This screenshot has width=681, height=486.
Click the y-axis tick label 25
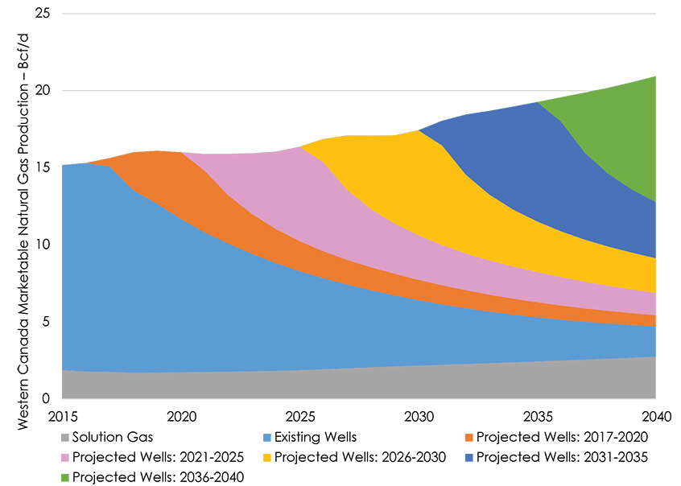tap(43, 14)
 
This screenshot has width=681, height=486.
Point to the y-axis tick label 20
tap(43, 91)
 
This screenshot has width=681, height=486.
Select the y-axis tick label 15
tap(43, 168)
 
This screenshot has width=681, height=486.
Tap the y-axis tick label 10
tap(43, 245)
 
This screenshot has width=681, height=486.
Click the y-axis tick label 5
tap(47, 322)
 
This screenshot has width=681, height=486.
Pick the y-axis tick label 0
tap(47, 398)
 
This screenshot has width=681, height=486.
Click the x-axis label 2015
tap(62, 417)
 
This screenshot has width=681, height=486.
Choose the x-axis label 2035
tap(537, 417)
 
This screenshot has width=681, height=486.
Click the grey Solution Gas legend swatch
tap(64, 438)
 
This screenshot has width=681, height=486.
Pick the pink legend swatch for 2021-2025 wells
tap(64, 457)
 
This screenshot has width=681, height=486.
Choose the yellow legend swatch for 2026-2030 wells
tap(266, 457)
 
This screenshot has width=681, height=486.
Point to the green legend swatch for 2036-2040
tap(64, 476)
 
